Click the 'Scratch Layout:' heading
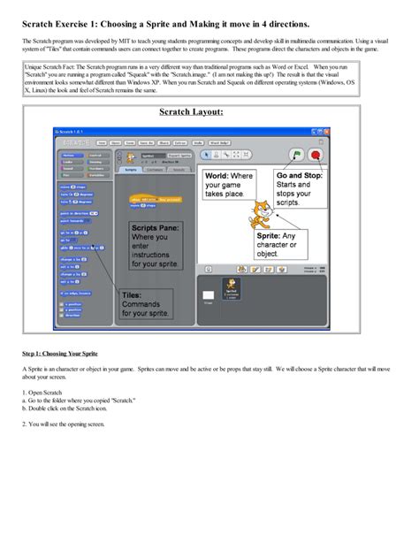pos(191,112)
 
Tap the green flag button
pos(296,153)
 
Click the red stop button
pos(316,153)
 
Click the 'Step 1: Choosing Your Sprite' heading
pos(60,353)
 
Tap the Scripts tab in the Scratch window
pos(131,168)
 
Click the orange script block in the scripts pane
pos(149,199)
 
